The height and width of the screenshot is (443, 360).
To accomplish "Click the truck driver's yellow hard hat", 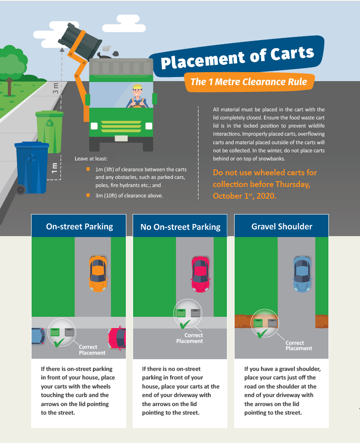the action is [137, 87].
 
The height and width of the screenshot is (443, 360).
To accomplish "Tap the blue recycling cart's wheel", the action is [20, 190].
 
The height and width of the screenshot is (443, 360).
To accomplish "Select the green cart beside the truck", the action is [49, 132].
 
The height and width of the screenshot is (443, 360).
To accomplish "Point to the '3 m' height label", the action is [55, 88].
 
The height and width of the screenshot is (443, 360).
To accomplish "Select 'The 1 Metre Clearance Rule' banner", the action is [249, 82].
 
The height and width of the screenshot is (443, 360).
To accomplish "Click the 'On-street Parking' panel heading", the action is [79, 227].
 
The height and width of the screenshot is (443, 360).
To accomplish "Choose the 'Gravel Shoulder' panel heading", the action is [282, 227].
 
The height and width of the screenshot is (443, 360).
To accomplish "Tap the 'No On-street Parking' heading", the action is [180, 227].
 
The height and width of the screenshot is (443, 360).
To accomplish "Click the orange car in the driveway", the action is [98, 273].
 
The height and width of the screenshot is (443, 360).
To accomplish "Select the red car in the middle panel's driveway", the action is [200, 274].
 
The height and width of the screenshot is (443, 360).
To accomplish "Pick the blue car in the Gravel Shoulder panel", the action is [302, 274].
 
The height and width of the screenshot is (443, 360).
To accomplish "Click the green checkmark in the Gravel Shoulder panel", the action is [262, 333].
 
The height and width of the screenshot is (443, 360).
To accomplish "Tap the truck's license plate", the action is [121, 138].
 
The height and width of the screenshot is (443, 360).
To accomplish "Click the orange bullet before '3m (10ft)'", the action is [88, 195].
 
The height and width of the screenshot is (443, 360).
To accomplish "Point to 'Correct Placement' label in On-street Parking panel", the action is [92, 350].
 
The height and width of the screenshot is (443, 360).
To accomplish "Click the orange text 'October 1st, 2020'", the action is [245, 196].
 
